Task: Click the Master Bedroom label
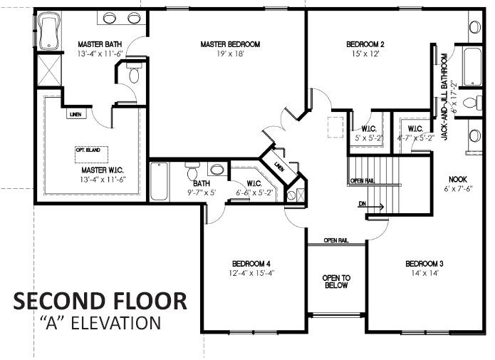click(x=230, y=44)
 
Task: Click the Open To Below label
click(x=336, y=281)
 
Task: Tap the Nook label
click(x=458, y=179)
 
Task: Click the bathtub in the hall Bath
click(x=160, y=182)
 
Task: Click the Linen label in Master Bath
click(x=75, y=114)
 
